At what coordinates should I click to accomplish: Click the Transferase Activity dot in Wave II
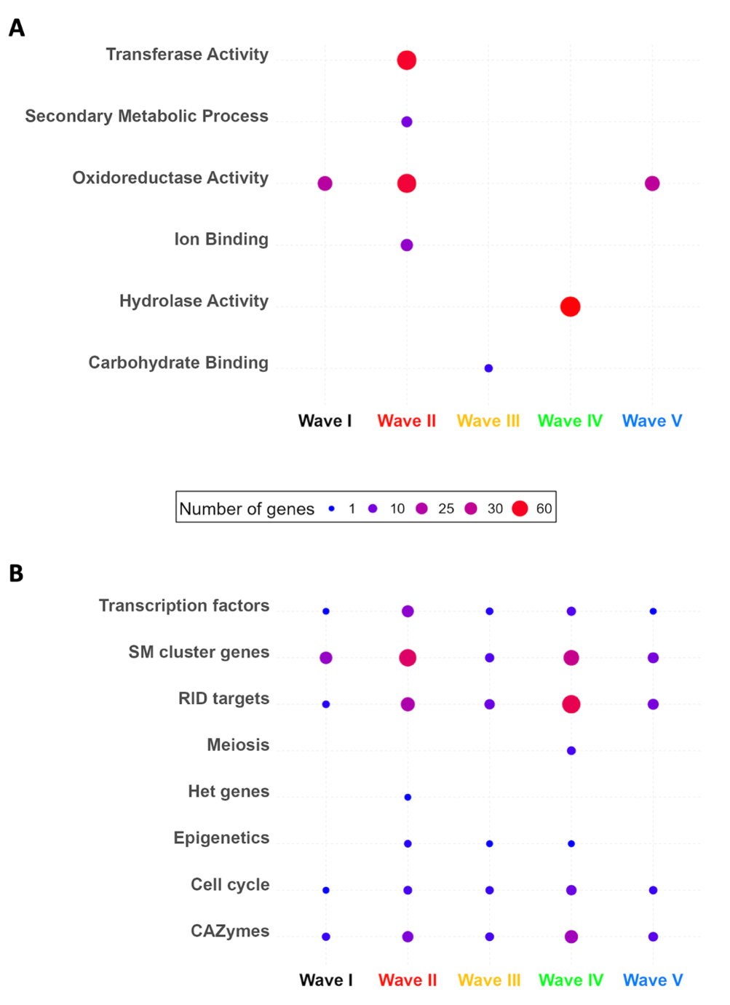(407, 60)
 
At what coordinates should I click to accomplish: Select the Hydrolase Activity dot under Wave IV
(571, 307)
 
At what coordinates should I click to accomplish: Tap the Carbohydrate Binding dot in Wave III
(488, 368)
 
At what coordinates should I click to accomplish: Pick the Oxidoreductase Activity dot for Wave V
(652, 183)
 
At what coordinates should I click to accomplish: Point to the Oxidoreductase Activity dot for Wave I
(325, 183)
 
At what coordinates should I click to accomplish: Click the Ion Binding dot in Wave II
(407, 245)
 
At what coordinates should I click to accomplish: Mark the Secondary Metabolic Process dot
(407, 122)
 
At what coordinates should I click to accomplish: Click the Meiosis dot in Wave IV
(571, 750)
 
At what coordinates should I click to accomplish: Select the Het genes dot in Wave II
(408, 798)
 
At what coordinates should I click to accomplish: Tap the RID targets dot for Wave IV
(571, 704)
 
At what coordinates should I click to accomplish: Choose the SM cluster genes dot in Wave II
(408, 658)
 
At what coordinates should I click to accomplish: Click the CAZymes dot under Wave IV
(571, 937)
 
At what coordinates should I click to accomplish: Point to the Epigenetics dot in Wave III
(490, 844)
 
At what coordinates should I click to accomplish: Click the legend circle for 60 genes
(520, 509)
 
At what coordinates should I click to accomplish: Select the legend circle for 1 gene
(332, 509)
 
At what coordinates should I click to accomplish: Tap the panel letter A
(17, 28)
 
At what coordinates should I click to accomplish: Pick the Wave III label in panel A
(488, 421)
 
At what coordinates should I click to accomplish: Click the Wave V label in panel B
(653, 980)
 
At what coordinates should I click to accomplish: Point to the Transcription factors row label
(184, 605)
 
